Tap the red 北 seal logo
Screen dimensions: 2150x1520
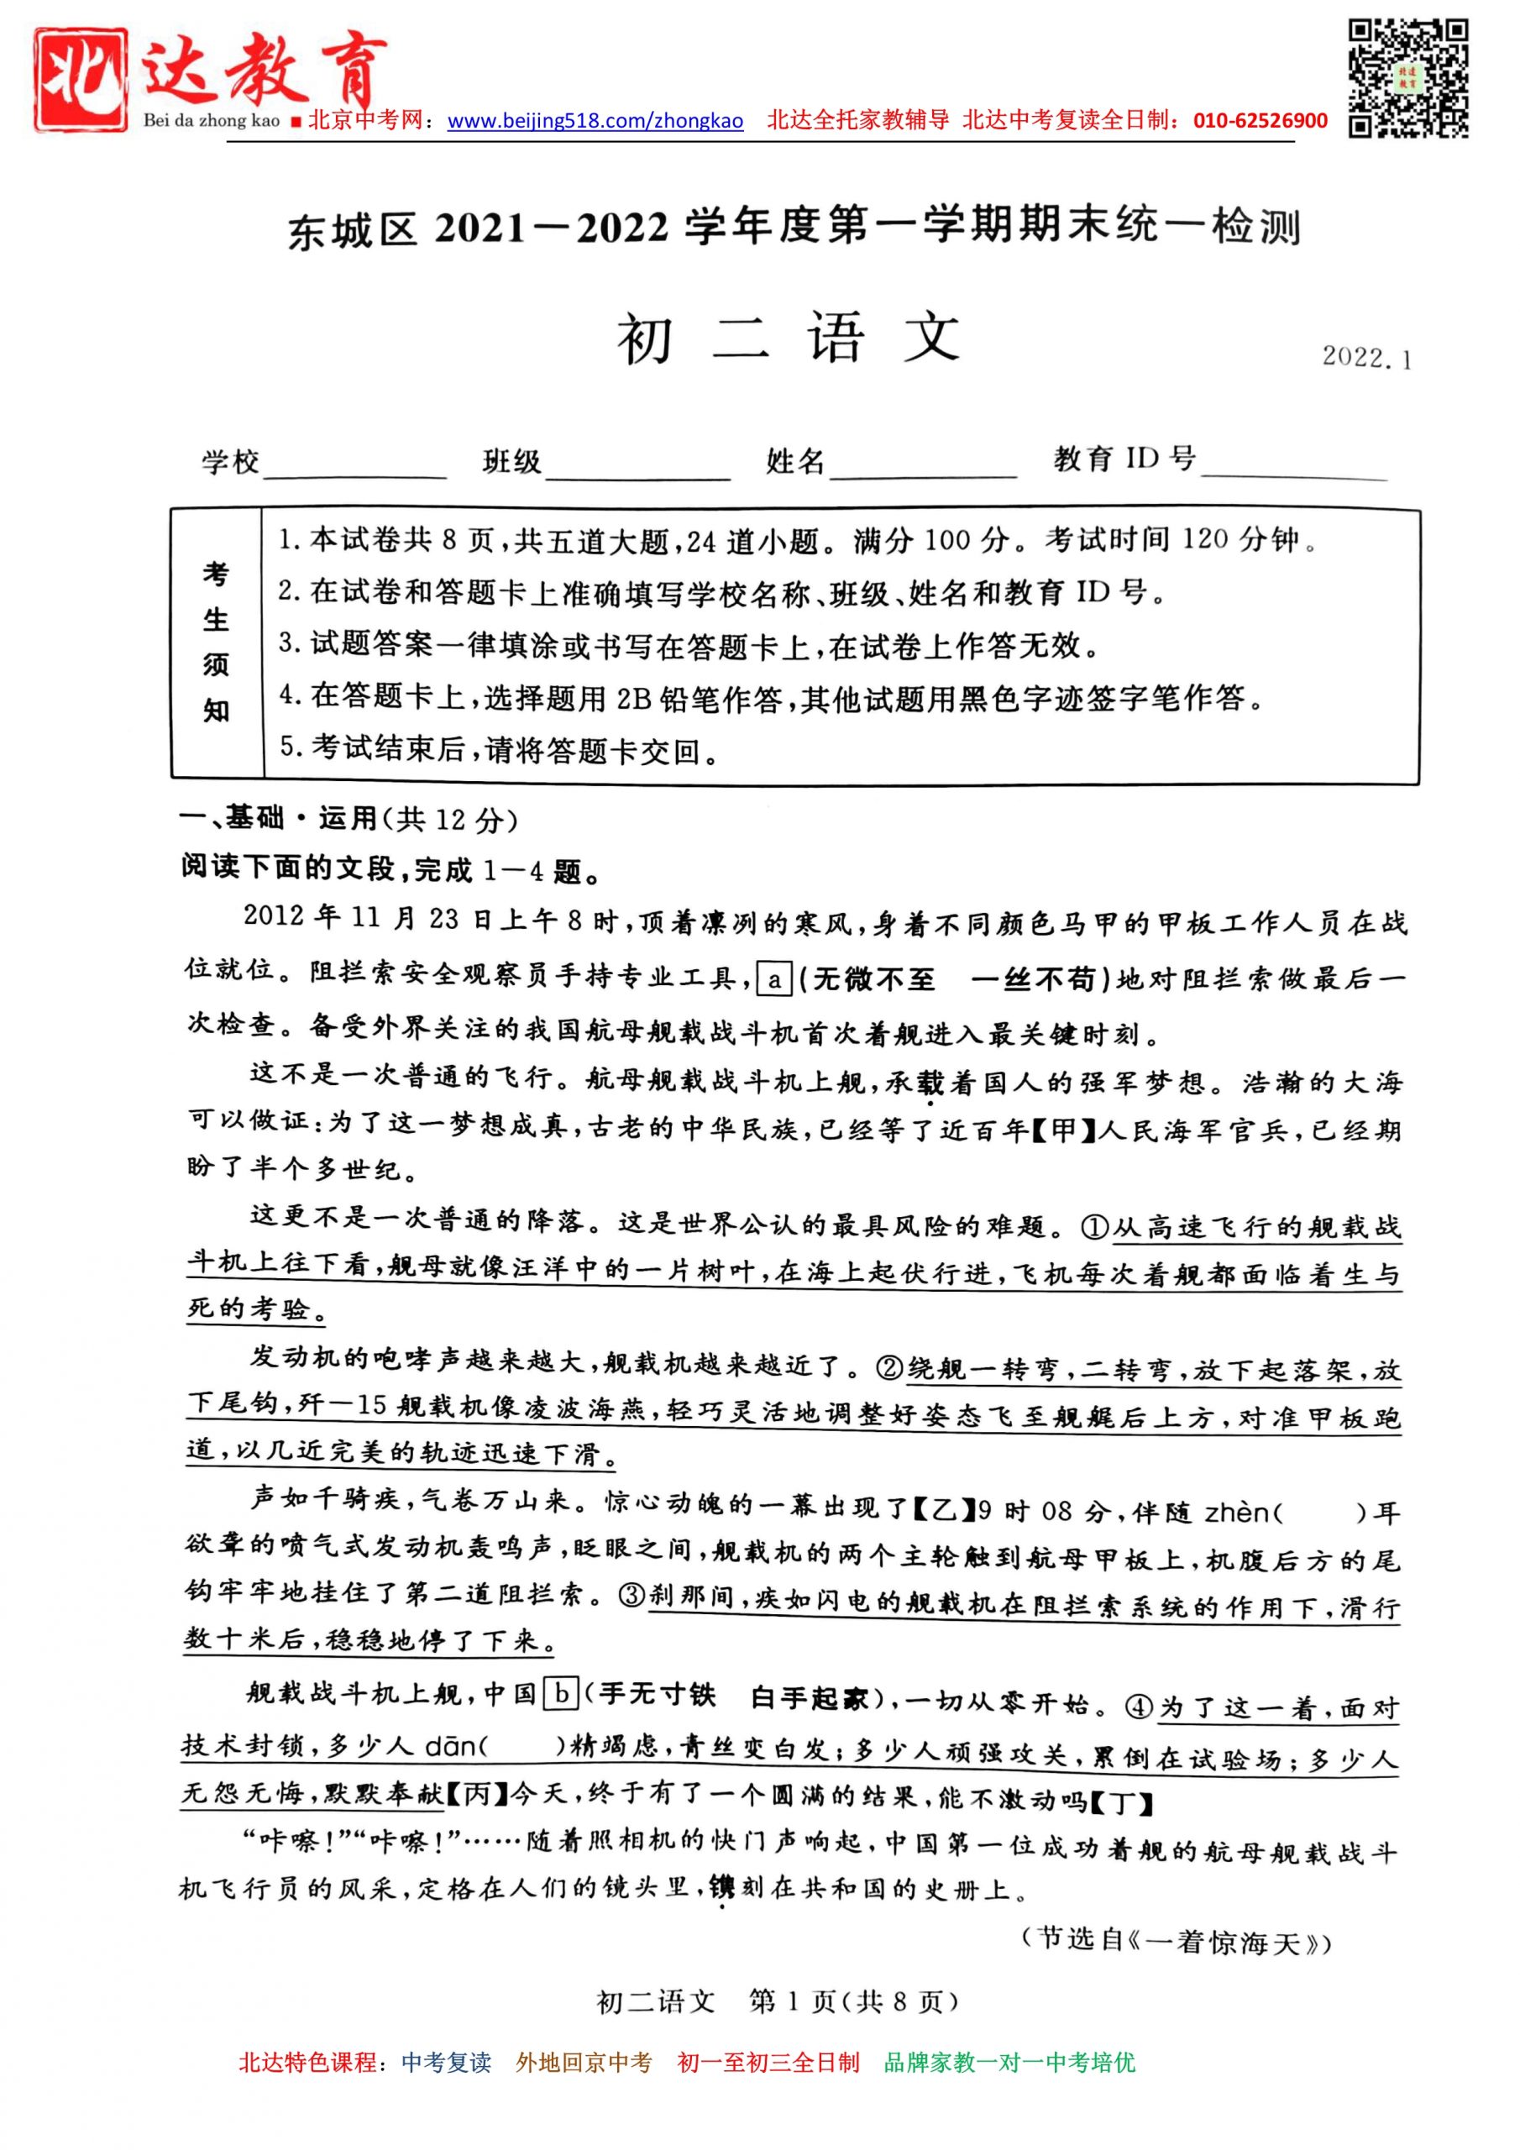tap(81, 79)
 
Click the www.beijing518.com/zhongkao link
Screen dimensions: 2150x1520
tap(595, 121)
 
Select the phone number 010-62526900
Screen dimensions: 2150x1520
tap(1260, 121)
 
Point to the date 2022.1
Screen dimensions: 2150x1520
tap(1365, 358)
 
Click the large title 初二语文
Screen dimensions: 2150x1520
tap(789, 339)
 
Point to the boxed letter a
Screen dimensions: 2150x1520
tap(773, 980)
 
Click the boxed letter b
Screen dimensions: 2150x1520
tap(561, 1694)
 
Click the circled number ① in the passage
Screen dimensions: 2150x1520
tap(1094, 1228)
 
